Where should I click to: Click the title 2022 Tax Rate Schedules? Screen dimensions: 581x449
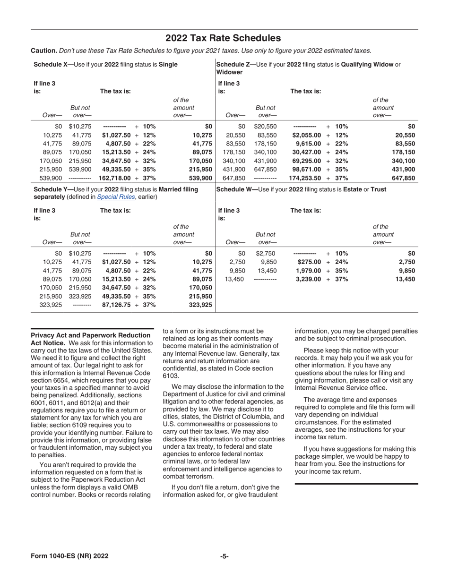tap(223, 38)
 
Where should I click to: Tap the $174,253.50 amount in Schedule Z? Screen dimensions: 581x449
tap(305, 178)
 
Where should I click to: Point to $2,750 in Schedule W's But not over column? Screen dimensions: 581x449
tap(266, 253)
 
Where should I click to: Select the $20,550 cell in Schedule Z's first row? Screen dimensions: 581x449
tap(266, 126)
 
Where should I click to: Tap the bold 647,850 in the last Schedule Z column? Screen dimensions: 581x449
tap(403, 178)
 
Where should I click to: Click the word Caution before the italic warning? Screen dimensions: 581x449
tap(44, 51)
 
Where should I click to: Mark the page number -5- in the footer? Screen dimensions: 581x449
tap(224, 556)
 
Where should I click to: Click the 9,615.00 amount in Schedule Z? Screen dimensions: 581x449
tap(308, 144)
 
